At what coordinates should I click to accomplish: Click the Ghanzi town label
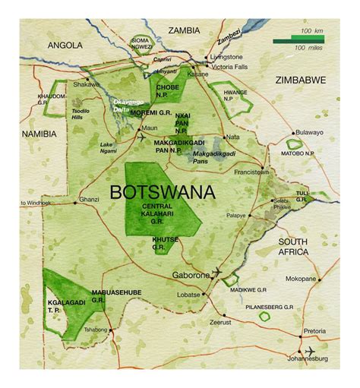point(90,200)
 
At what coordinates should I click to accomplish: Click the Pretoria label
point(314,332)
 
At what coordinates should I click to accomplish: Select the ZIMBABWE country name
point(304,80)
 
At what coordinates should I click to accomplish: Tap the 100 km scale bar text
point(311,30)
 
